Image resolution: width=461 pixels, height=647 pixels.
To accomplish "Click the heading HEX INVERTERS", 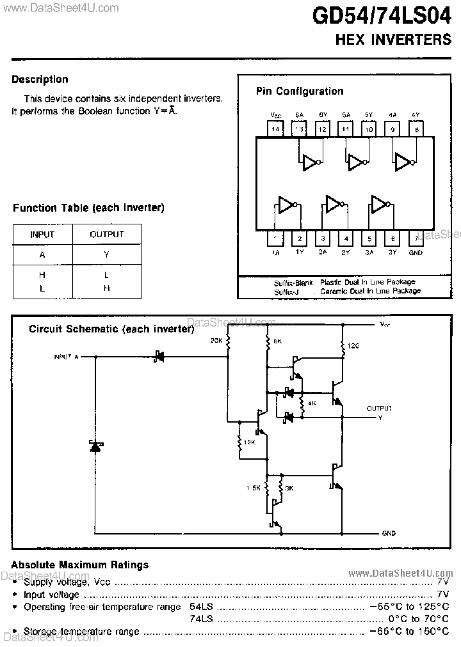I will (394, 39).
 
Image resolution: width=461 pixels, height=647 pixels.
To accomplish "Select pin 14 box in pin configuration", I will (275, 129).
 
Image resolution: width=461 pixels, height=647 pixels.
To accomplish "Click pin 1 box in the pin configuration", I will (275, 239).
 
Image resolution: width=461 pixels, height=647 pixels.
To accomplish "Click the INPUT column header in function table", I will (42, 235).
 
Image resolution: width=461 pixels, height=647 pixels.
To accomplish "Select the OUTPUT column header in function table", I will (106, 235).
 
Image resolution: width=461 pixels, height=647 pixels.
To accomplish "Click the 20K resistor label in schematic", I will (216, 341).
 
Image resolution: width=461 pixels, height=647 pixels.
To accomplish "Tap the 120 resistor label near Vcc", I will (353, 346).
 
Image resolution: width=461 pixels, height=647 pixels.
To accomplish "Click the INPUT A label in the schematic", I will (65, 357).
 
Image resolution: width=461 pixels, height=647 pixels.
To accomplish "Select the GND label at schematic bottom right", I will (389, 533).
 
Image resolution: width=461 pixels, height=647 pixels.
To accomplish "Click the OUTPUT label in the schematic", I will (379, 408).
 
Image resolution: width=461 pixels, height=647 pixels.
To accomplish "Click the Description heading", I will (40, 79).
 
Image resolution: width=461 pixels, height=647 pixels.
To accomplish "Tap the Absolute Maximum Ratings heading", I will (80, 565).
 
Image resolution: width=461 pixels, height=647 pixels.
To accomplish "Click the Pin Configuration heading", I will (300, 91).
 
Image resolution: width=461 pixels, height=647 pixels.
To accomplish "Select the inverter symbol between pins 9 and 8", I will (404, 162).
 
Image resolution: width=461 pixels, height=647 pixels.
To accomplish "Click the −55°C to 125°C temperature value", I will (409, 606).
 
